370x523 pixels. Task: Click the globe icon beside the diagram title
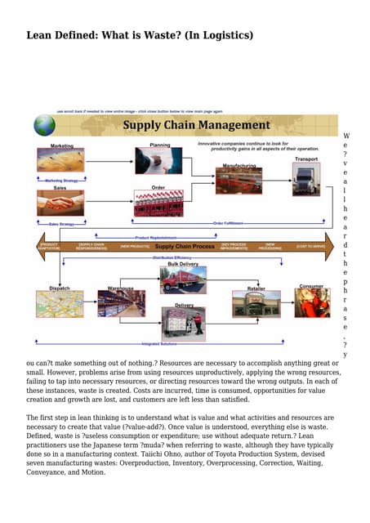point(44,124)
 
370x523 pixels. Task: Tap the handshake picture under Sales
point(60,202)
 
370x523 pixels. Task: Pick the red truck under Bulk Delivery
point(183,280)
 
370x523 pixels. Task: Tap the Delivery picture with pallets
point(184,322)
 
